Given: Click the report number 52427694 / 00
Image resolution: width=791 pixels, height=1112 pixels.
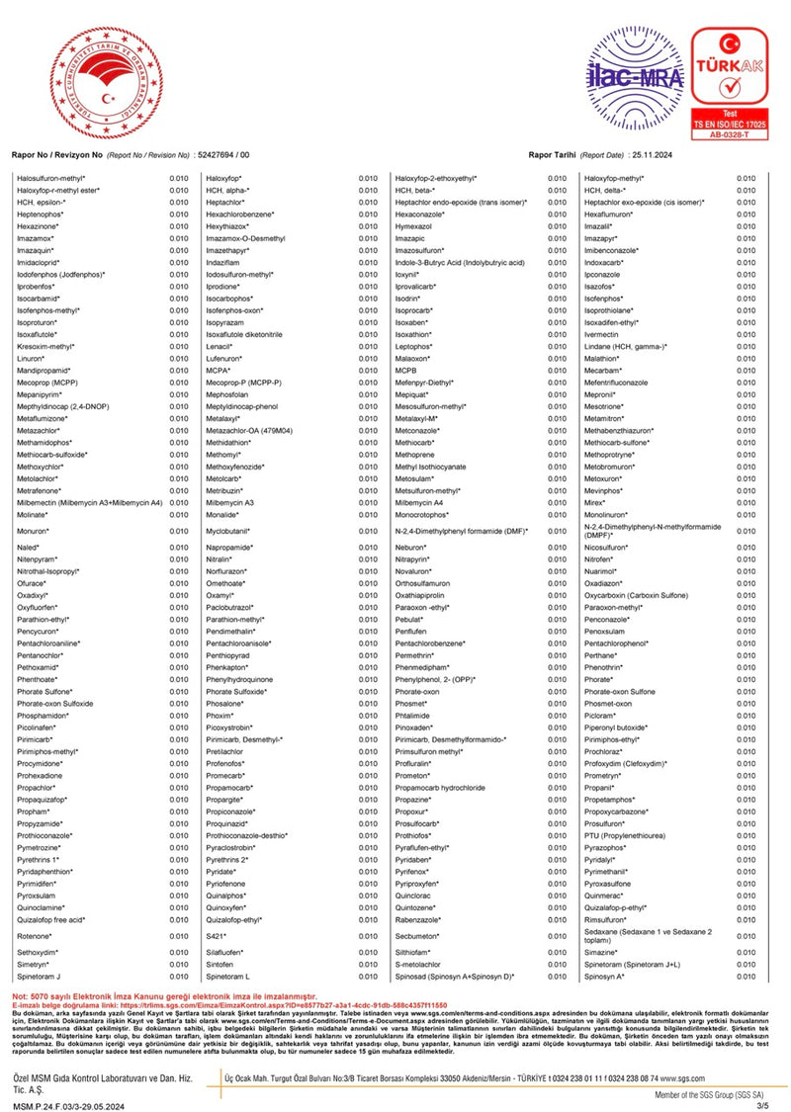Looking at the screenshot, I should coord(223,155).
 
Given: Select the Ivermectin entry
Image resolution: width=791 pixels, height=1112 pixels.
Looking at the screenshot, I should coord(603,334).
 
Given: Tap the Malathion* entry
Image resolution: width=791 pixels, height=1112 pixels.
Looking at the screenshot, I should coord(605,358).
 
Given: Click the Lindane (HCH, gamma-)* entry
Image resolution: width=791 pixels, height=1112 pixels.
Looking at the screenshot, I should coord(626,346).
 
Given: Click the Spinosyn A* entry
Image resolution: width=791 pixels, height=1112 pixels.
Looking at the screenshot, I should coord(605,976).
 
